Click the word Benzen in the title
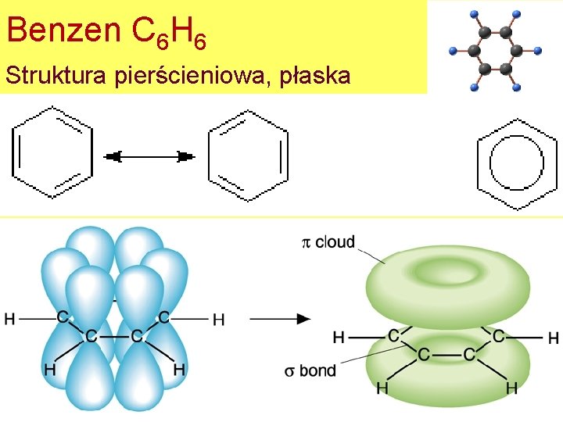(63, 30)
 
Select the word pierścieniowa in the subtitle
(193, 77)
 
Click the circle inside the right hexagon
(517, 163)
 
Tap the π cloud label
(328, 242)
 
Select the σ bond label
(310, 370)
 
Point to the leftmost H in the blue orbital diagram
(9, 318)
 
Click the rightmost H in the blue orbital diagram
(219, 319)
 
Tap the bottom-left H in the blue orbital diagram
(50, 369)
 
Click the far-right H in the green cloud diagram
(554, 338)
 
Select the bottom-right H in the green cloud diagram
(511, 388)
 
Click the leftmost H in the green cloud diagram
(339, 338)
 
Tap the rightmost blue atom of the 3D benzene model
(538, 51)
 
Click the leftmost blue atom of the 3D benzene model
(453, 51)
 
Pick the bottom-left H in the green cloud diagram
(382, 388)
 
